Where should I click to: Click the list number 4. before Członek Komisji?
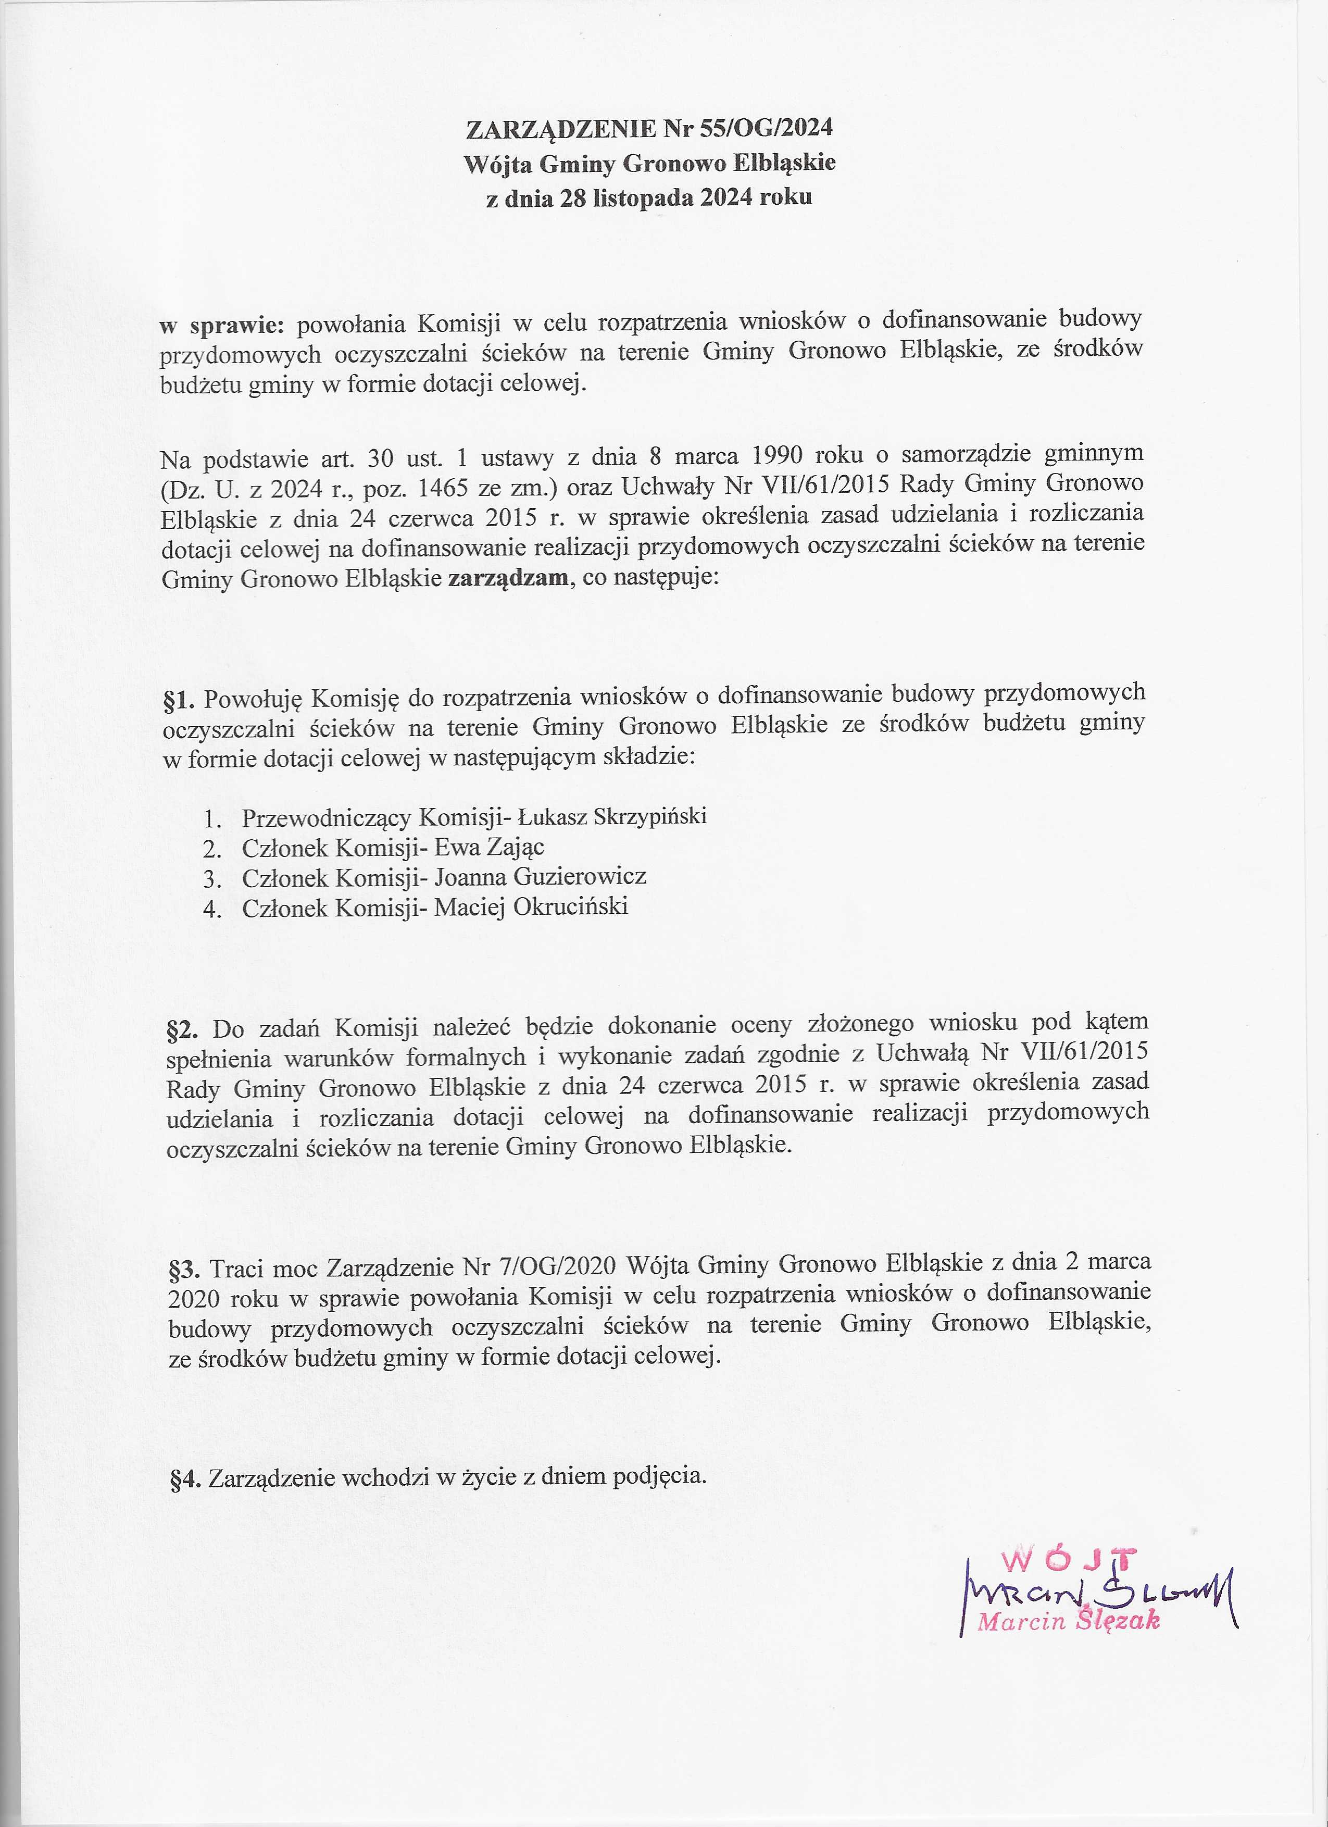(212, 910)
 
